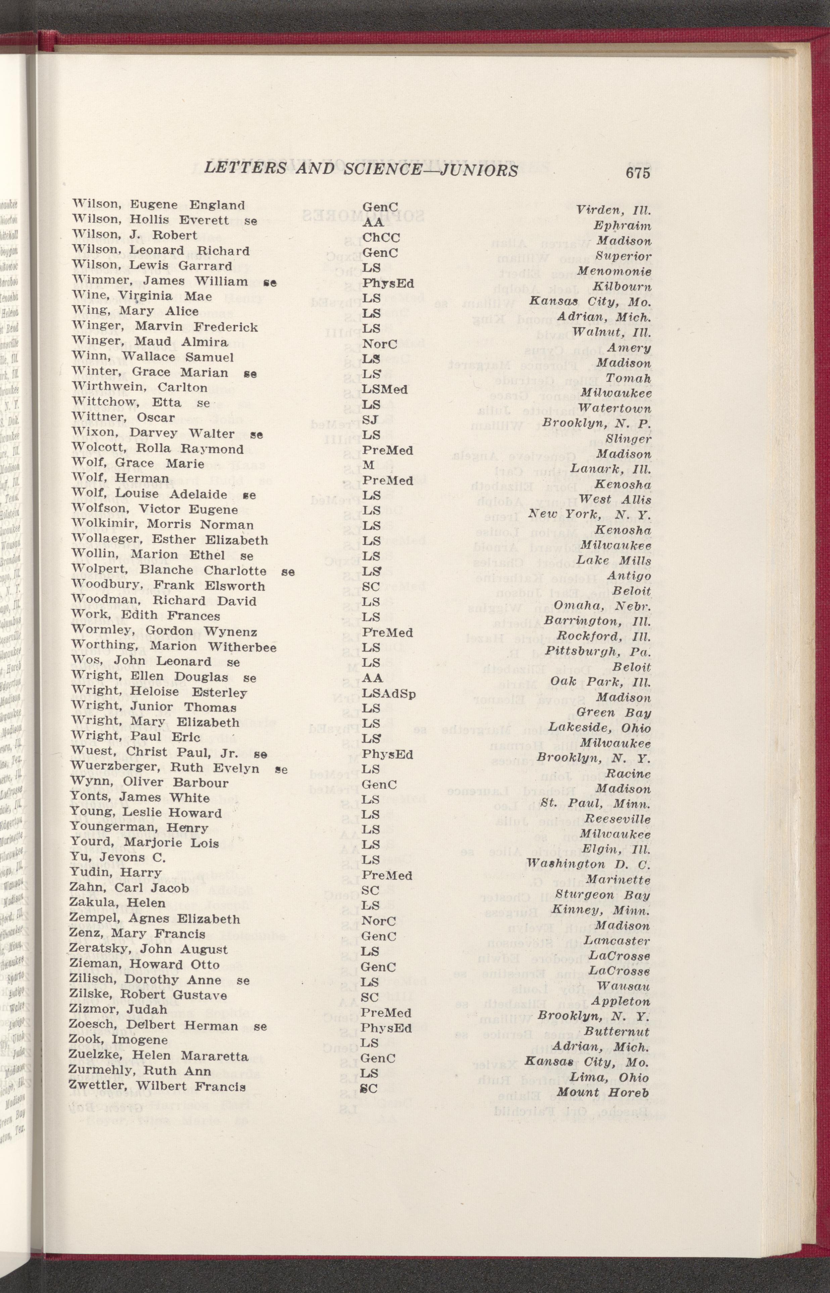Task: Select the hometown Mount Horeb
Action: [x=603, y=1092]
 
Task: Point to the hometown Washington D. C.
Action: [x=589, y=864]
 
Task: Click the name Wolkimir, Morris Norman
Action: [x=163, y=525]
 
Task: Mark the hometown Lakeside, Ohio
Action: [x=600, y=727]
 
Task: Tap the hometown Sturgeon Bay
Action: [x=602, y=895]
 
